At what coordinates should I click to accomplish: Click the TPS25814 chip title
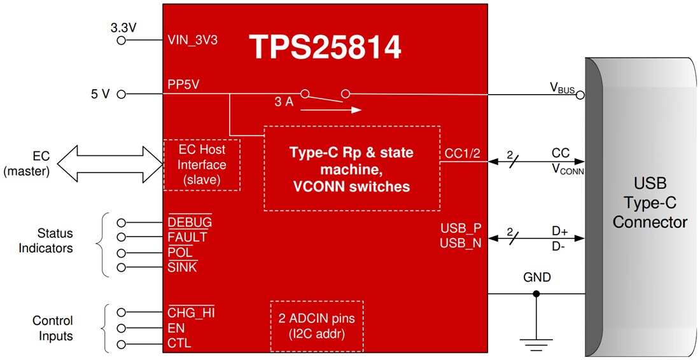click(325, 48)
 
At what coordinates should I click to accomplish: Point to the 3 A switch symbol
click(325, 95)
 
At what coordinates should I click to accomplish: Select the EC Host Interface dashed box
click(202, 165)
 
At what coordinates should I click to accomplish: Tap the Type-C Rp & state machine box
click(351, 169)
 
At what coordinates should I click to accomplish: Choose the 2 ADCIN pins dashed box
click(316, 326)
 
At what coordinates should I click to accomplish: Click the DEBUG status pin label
click(190, 223)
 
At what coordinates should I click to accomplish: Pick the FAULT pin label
click(187, 237)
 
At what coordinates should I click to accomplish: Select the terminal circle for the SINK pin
click(121, 267)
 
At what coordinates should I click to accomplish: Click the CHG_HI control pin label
click(192, 313)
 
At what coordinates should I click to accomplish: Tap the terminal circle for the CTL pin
click(121, 344)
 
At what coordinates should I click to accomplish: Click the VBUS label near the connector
click(562, 88)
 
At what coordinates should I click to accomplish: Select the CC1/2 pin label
click(463, 153)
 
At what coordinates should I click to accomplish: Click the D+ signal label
click(560, 232)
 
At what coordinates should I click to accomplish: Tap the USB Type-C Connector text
click(649, 204)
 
